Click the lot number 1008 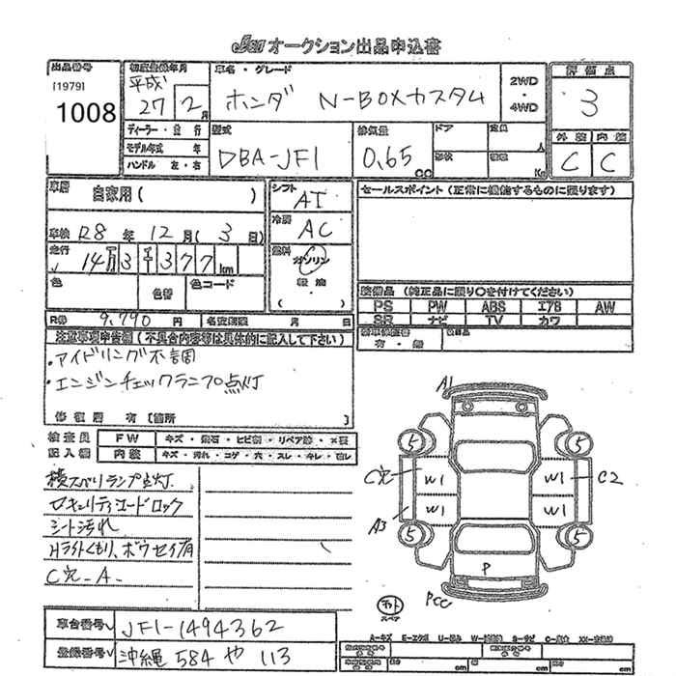(86, 112)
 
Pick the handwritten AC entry (315, 230)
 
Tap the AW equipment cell (605, 306)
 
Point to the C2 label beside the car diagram (609, 477)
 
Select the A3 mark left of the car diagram (381, 524)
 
